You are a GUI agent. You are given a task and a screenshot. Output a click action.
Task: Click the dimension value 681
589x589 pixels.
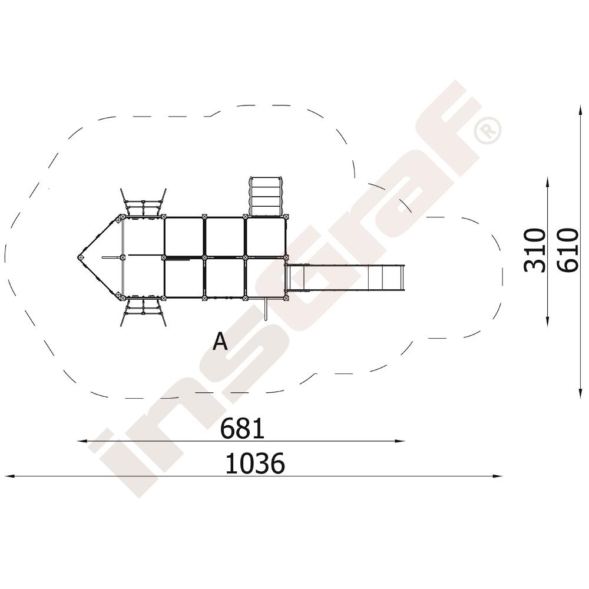pos(242,429)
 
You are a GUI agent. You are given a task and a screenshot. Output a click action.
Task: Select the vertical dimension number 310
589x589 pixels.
pos(535,250)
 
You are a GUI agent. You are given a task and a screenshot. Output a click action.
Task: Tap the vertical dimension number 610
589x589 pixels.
pos(567,250)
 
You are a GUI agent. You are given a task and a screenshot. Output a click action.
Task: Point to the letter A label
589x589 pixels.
pos(220,342)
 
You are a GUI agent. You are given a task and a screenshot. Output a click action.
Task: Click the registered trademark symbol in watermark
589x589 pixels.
pos(488,130)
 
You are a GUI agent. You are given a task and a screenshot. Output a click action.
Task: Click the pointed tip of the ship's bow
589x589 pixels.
pos(80,257)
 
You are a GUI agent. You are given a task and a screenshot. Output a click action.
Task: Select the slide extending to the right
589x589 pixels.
pos(345,277)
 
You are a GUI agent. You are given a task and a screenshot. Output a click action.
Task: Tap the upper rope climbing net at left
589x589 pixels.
pos(143,203)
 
